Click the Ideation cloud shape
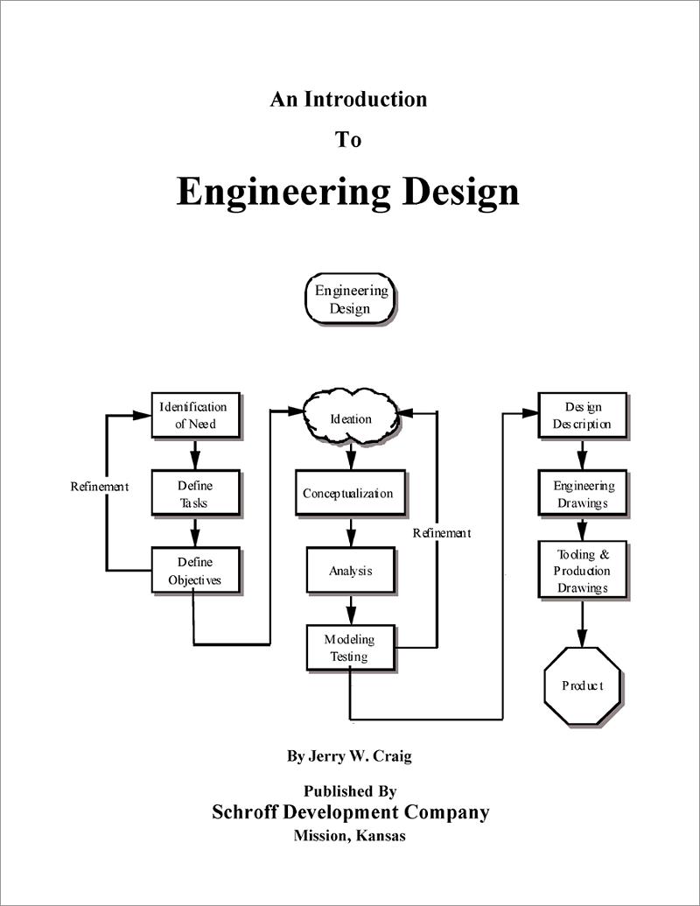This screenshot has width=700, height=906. pos(351,419)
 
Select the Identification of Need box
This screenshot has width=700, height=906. pos(194,415)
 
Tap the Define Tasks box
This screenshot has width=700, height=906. pos(194,494)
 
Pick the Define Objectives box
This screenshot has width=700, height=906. pos(194,570)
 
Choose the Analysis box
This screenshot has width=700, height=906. pos(350,571)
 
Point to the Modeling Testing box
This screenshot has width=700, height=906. pos(349,647)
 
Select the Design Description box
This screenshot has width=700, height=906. pos(582,416)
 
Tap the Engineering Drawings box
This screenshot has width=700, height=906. pos(582,495)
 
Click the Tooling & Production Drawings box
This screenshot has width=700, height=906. pos(582,570)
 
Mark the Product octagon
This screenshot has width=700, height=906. pos(582,685)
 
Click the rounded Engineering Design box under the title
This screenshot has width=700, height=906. pos(350,299)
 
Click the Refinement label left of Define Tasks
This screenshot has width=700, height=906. pos(100,487)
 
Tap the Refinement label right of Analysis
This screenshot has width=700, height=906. pos(442,532)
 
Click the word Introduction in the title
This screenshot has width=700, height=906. pos(365,99)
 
